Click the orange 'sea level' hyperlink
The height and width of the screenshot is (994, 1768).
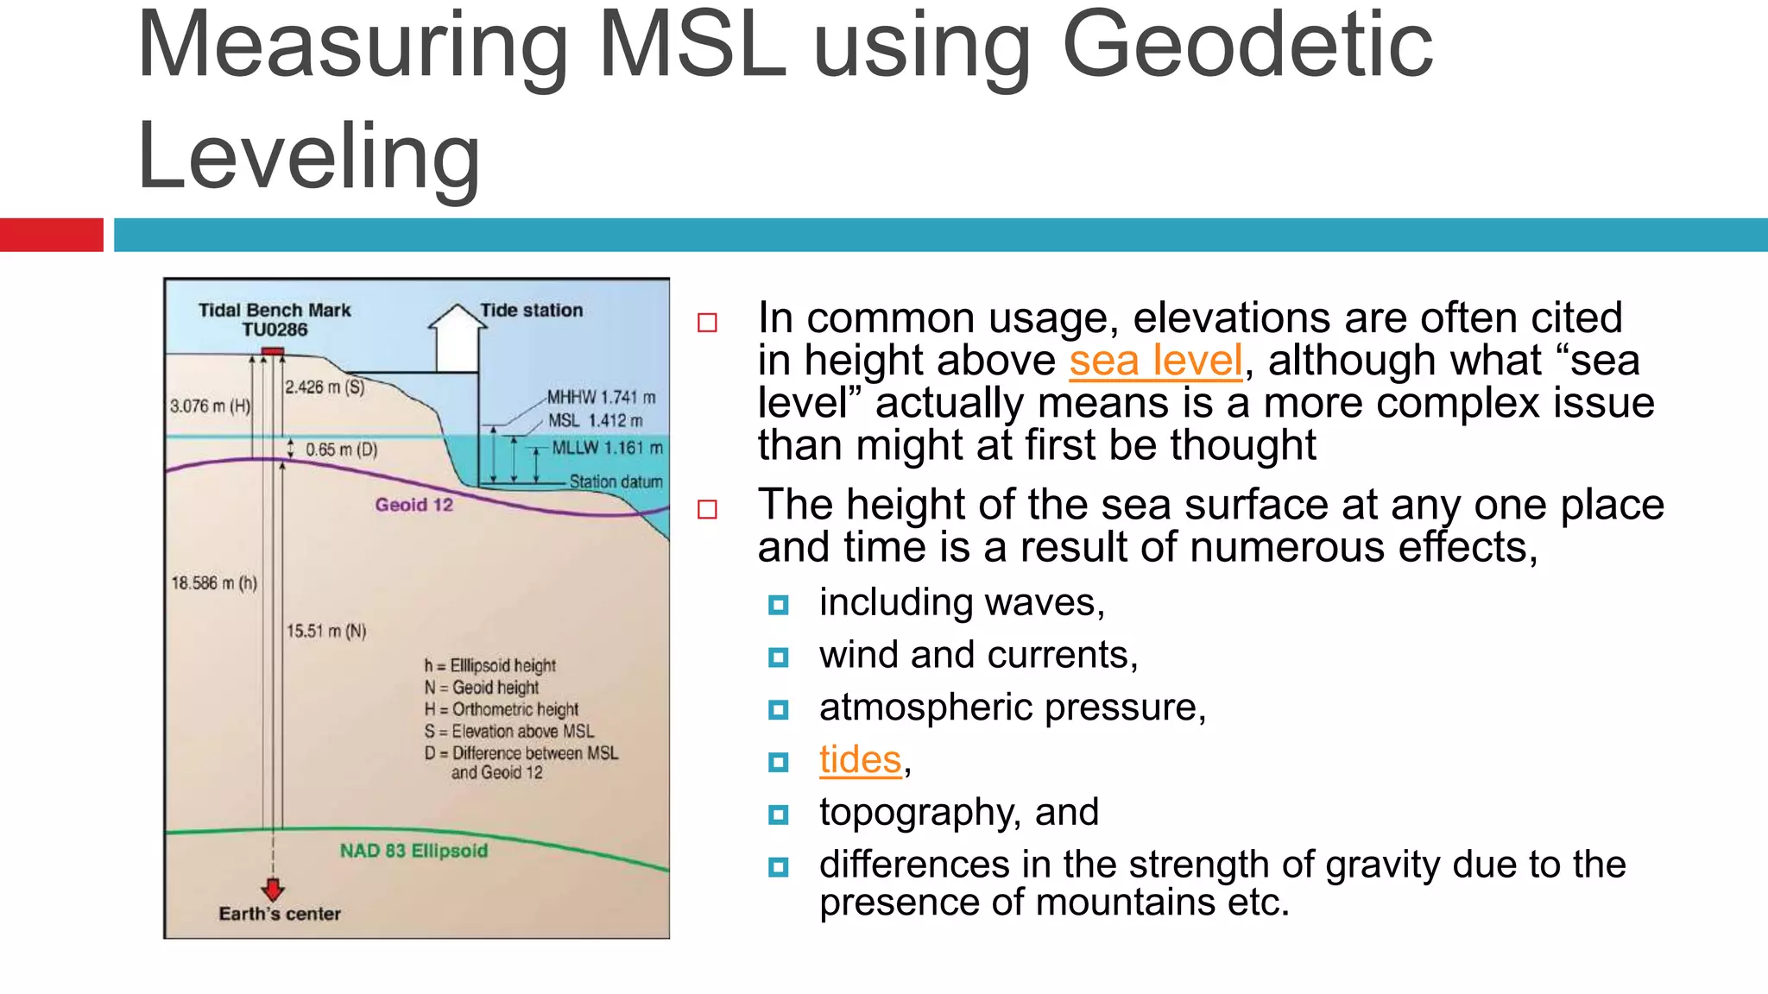click(x=1155, y=361)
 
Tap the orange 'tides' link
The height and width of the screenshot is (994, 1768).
click(x=860, y=760)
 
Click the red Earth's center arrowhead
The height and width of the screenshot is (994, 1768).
click(x=273, y=890)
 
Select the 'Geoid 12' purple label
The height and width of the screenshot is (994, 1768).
click(x=414, y=505)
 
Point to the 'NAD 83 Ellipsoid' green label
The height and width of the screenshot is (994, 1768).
click(x=414, y=851)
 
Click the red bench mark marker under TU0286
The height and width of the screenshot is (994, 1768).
click(x=273, y=351)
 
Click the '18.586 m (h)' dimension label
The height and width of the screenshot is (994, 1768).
click(x=213, y=583)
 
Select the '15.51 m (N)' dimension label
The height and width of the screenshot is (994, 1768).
click(x=326, y=631)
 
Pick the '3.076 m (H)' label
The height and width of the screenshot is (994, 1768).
click(x=210, y=406)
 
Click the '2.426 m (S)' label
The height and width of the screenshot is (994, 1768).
click(x=325, y=387)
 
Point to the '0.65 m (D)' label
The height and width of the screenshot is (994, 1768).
click(x=342, y=450)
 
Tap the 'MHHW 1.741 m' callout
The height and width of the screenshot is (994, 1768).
click(x=601, y=397)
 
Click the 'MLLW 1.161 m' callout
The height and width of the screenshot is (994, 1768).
click(x=607, y=448)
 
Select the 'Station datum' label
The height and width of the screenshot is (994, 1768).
click(x=616, y=481)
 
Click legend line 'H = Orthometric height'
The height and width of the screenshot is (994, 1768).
click(x=501, y=709)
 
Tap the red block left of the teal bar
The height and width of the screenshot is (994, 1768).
click(x=51, y=235)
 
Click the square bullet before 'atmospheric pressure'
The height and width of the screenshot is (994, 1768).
click(x=778, y=710)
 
